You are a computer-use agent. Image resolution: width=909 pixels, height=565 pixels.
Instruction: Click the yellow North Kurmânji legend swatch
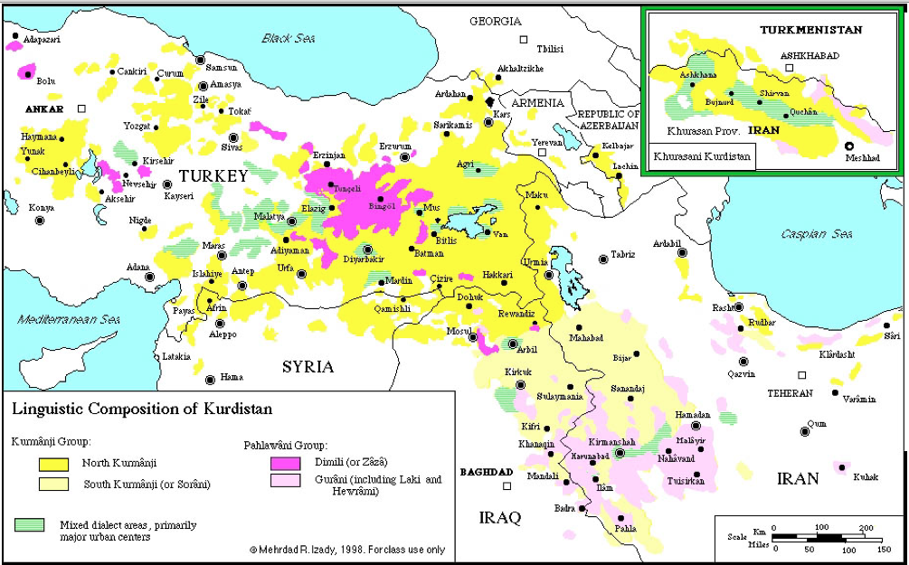[54, 465]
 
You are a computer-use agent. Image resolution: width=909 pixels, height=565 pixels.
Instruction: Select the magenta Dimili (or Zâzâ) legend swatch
[286, 464]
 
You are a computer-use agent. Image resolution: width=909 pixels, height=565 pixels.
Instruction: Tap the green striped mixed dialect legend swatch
[31, 524]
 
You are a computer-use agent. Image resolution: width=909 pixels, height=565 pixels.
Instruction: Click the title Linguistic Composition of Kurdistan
[141, 409]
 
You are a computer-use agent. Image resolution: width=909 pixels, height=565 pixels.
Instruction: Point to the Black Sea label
[287, 38]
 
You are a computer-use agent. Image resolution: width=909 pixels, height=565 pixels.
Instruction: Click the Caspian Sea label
[817, 234]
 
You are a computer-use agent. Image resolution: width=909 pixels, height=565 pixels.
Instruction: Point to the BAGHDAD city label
[487, 473]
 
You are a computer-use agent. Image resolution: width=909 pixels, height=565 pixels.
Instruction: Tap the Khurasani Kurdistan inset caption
[701, 155]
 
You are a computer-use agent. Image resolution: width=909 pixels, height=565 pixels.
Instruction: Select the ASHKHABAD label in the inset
[810, 55]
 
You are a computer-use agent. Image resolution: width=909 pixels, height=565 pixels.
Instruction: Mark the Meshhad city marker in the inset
[849, 146]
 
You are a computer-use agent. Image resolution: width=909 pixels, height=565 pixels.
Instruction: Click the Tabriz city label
[623, 255]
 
